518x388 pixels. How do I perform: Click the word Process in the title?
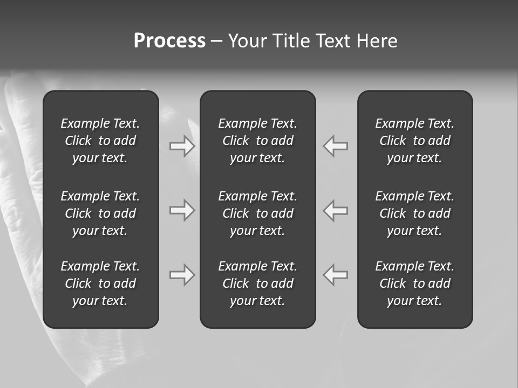coord(169,41)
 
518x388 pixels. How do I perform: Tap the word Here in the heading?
coord(377,41)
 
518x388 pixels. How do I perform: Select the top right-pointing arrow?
coord(182,146)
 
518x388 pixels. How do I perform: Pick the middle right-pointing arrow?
coord(182,210)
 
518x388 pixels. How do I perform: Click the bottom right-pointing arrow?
coord(182,275)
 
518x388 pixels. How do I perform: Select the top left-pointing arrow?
coord(336,146)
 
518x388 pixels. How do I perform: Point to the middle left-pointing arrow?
coord(336,210)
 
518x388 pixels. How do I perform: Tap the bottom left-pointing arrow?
coord(336,275)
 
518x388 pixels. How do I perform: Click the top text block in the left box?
coord(100,141)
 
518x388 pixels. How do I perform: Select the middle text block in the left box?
coord(100,213)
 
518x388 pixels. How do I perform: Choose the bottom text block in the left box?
coord(100,283)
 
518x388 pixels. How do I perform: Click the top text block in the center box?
coord(257,141)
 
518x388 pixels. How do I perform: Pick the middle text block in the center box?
coord(257,213)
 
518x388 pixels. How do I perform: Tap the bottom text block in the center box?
coord(257,283)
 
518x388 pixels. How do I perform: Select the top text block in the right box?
coord(414,141)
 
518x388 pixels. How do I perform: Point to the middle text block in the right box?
coord(414,213)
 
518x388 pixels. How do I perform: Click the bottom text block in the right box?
coord(414,283)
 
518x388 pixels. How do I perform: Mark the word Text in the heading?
coord(333,41)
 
